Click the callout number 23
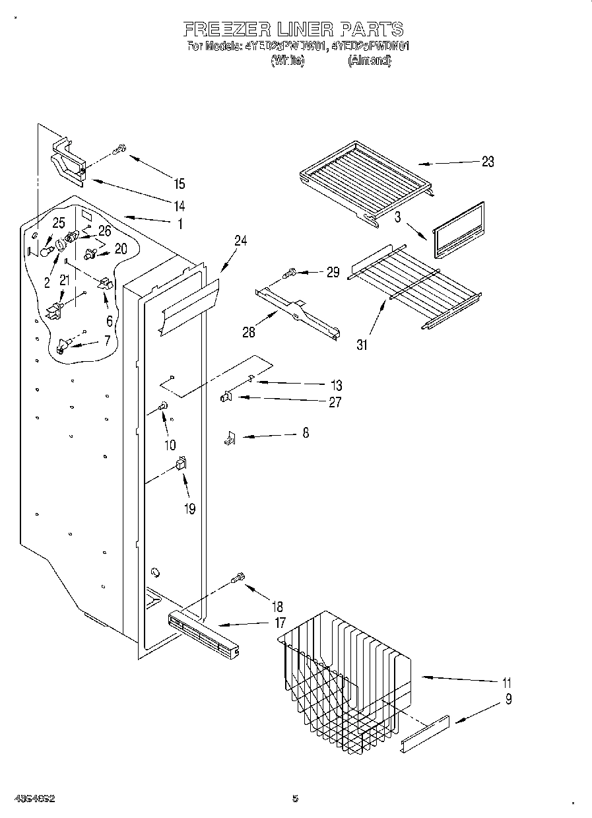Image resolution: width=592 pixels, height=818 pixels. [487, 162]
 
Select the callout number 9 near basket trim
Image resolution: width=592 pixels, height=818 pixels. [508, 699]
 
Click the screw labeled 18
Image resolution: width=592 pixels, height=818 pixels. [238, 578]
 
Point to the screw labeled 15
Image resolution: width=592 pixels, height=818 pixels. [119, 151]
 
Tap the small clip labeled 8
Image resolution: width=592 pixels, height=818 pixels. [230, 437]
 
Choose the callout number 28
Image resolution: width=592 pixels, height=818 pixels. [248, 331]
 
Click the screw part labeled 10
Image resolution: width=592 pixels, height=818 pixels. [163, 407]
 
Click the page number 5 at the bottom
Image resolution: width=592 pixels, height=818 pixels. [295, 798]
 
